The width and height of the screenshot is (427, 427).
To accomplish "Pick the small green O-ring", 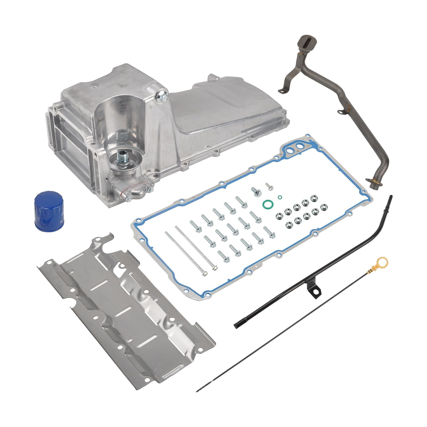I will point(279,197).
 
